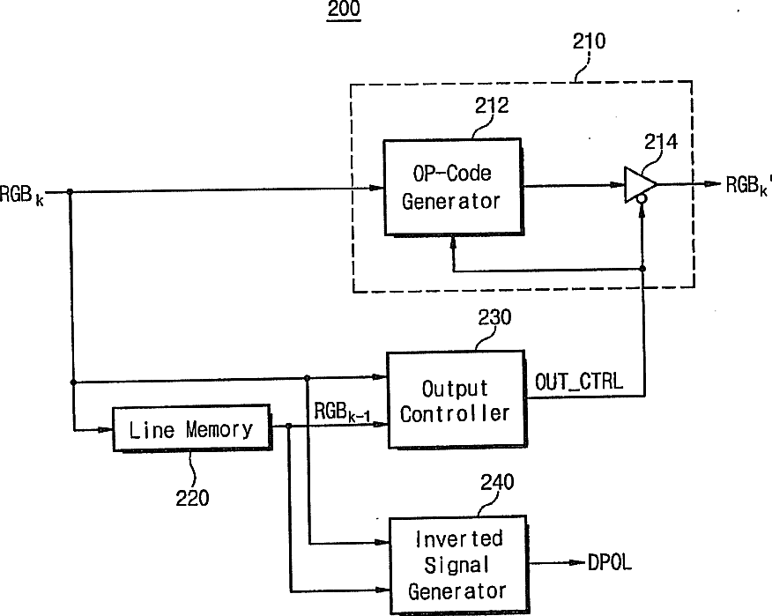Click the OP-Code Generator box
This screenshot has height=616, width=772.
click(x=452, y=187)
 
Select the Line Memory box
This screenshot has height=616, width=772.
click(x=191, y=428)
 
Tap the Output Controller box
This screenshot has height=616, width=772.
click(x=456, y=400)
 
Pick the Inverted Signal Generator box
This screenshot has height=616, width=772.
click(x=458, y=564)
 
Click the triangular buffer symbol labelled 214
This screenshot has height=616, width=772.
click(x=639, y=185)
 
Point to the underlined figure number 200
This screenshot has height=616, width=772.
click(x=344, y=10)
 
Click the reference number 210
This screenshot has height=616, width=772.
click(x=589, y=41)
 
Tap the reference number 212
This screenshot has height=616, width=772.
click(x=492, y=106)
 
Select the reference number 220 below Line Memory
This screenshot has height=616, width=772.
click(x=192, y=498)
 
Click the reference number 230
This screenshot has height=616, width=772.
click(x=494, y=317)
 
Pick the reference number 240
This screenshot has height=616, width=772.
click(x=497, y=481)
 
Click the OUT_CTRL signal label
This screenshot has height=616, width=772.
click(x=578, y=382)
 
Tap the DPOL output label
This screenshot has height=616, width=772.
click(x=610, y=562)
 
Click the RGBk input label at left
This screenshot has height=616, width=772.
click(x=22, y=195)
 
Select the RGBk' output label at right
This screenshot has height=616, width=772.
click(x=748, y=186)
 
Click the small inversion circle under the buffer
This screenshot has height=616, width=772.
click(x=642, y=199)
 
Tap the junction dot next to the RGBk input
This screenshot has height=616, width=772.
click(x=70, y=191)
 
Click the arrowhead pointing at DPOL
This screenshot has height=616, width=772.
click(x=578, y=563)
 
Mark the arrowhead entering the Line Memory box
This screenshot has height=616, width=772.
click(x=106, y=430)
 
